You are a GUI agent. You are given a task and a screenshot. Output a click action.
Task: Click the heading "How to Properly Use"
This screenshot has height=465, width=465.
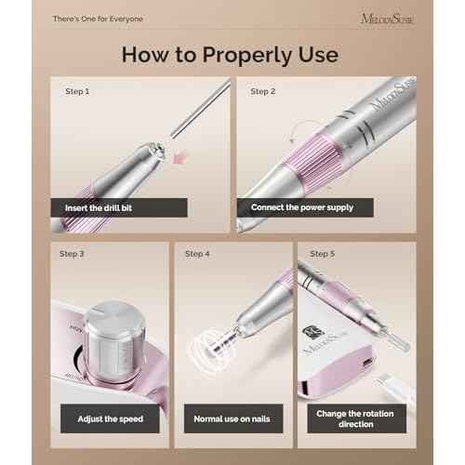click(x=229, y=53)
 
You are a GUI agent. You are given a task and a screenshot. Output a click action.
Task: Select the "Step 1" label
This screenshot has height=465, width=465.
click(x=77, y=92)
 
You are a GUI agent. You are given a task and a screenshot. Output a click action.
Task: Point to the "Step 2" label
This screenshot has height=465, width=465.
click(x=263, y=92)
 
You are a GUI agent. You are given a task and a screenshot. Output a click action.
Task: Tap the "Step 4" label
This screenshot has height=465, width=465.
click(x=197, y=254)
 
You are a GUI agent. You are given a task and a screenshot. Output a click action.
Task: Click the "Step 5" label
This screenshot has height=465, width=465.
click(x=322, y=254)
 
